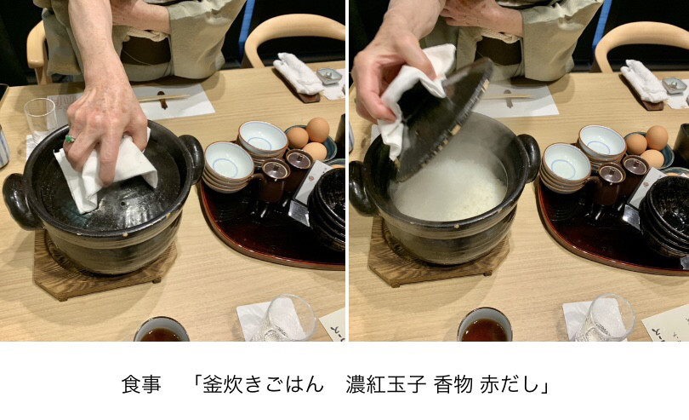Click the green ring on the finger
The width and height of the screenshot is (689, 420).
click(70, 139)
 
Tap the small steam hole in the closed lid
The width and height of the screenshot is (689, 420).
click(124, 204)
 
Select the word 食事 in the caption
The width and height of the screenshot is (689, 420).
click(141, 384)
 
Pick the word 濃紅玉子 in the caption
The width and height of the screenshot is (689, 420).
click(386, 384)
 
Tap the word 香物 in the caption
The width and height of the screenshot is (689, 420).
click(453, 384)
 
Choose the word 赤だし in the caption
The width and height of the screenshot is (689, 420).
click(510, 384)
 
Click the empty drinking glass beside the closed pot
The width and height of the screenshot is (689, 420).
click(41, 120)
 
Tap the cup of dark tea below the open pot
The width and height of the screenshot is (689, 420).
click(484, 325)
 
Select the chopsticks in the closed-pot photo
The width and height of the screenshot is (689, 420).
click(162, 98)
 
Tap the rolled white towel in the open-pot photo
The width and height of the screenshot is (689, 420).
click(644, 81)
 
